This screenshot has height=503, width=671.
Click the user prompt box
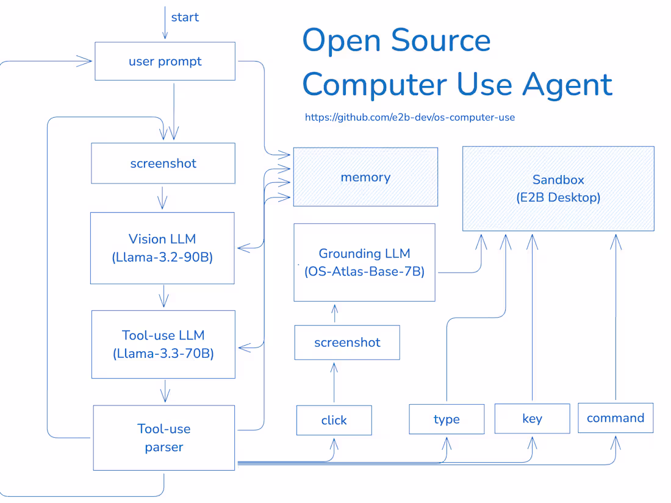165,61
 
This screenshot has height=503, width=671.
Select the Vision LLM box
162,248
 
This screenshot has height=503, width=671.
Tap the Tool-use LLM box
163,344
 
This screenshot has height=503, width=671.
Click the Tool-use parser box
163,438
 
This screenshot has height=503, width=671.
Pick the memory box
365,177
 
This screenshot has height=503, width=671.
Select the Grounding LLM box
364,262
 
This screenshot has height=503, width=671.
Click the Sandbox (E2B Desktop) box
558,188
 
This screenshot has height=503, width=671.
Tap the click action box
334,420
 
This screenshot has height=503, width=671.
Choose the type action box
447,419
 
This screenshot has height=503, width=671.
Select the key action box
532,418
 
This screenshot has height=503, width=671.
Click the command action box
615,418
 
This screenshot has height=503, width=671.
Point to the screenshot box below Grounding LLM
347,342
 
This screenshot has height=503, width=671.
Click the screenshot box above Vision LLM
163,163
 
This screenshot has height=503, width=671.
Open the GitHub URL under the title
409,117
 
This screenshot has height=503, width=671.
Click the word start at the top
185,17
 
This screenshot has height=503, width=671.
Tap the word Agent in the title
567,84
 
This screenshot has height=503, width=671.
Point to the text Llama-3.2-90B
162,257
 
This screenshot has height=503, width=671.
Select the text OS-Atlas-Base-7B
364,272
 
